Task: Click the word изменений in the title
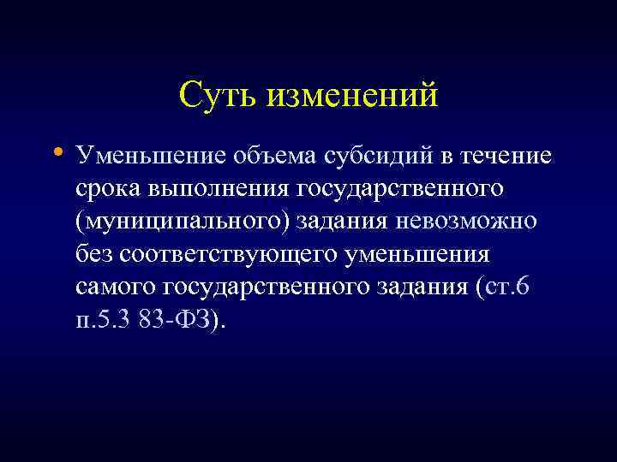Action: pyautogui.click(x=353, y=94)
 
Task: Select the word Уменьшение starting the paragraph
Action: pyautogui.click(x=151, y=157)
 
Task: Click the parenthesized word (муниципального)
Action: pyautogui.click(x=183, y=222)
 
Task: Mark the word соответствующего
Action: pyautogui.click(x=225, y=254)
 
